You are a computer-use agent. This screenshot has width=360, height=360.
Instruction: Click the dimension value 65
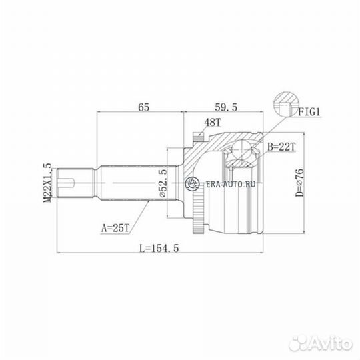pos(144,107)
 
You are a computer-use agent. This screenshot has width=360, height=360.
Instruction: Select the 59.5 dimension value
pos(226,107)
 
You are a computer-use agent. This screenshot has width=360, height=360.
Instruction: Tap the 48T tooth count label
pos(213,123)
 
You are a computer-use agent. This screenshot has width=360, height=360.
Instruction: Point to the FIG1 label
pos(309,112)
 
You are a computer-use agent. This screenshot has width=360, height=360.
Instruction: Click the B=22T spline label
pos(281,147)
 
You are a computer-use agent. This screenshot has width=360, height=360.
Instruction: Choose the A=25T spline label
pos(116,228)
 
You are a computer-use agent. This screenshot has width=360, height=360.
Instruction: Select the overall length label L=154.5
pos(159,248)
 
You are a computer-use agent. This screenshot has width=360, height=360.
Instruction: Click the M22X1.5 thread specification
pos(48,183)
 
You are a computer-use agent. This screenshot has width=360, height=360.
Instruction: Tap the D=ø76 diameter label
pos(299,183)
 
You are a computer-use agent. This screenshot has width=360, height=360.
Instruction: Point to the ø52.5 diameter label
pos(163,183)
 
